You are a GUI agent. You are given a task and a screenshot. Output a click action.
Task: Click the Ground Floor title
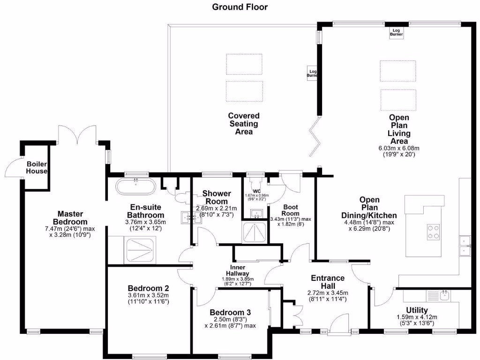click(x=240, y=7)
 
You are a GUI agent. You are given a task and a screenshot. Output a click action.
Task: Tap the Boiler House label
click(x=37, y=167)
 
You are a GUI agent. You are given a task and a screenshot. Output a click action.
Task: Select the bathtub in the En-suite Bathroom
click(x=135, y=187)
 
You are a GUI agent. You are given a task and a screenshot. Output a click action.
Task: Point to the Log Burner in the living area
click(x=397, y=33)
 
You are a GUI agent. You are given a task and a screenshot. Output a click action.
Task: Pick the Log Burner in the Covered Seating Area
click(x=313, y=72)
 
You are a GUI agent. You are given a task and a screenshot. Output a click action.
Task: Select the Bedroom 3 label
click(x=230, y=312)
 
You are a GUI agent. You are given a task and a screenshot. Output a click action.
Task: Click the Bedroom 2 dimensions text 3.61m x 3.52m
click(x=148, y=295)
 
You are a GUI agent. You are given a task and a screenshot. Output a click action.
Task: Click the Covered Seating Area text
click(x=244, y=123)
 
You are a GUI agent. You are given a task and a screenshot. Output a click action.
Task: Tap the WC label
click(x=256, y=191)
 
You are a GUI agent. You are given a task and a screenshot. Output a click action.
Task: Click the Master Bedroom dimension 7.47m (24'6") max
click(x=70, y=229)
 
